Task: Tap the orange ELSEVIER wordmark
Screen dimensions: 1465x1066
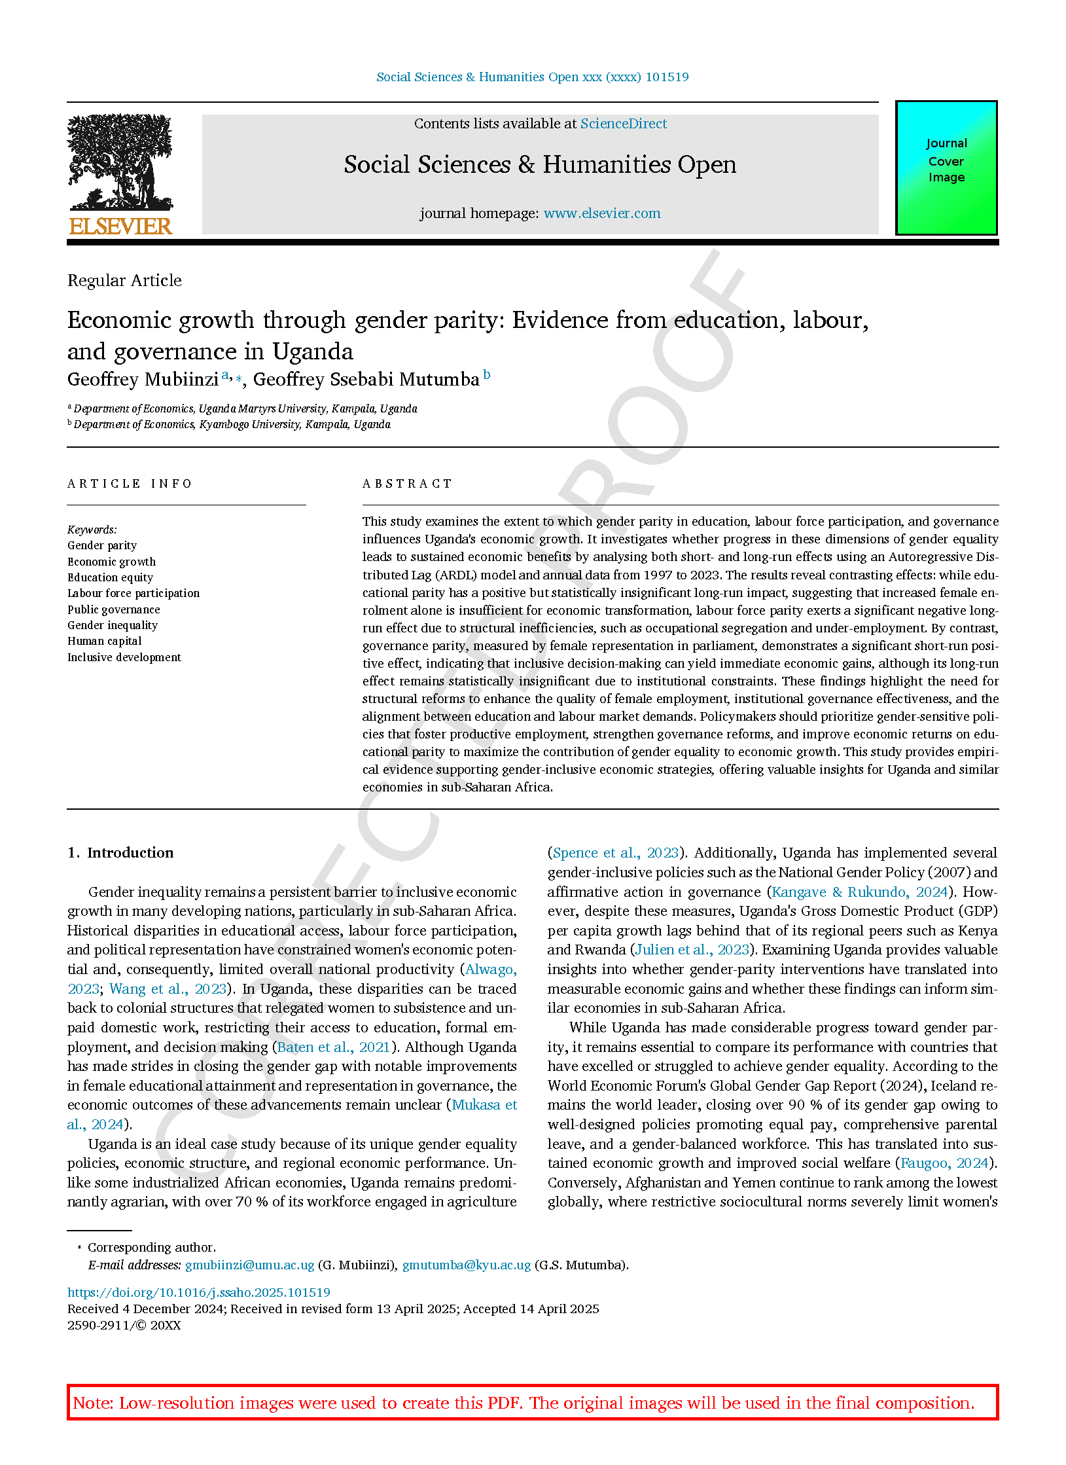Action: [120, 226]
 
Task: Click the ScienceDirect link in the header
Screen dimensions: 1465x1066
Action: [623, 124]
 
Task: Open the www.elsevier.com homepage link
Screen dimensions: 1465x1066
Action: [601, 213]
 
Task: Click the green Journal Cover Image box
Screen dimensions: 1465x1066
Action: [946, 168]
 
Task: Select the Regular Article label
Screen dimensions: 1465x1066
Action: [124, 281]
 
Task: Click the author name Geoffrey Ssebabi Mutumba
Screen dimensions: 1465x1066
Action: [366, 380]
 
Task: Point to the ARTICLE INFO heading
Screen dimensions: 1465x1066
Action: [130, 484]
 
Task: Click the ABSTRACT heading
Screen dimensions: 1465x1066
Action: [407, 484]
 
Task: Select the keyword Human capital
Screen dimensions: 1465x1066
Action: [104, 642]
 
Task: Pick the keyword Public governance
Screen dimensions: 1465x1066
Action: [113, 609]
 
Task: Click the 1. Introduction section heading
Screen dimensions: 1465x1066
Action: [120, 852]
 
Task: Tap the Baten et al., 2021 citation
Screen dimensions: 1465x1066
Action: [333, 1047]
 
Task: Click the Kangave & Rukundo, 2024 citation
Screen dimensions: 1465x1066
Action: [859, 892]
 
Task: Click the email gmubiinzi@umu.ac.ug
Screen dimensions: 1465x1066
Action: [249, 1265]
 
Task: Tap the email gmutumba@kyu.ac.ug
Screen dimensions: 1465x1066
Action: [466, 1265]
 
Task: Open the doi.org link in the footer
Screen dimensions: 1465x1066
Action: [198, 1292]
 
